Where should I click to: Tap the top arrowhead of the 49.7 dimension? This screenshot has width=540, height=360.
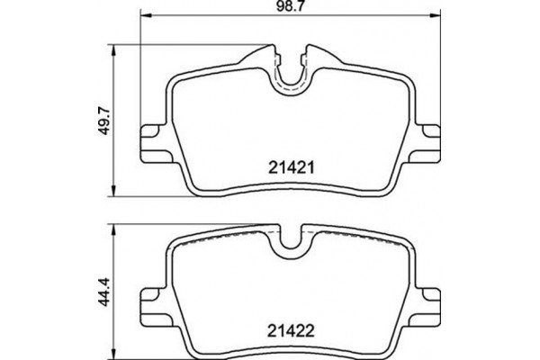[x=112, y=47]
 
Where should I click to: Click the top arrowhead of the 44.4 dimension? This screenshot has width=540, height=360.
[x=112, y=226]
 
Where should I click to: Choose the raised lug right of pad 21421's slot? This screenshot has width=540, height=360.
[x=316, y=54]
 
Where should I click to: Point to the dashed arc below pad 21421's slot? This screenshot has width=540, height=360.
[x=289, y=91]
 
